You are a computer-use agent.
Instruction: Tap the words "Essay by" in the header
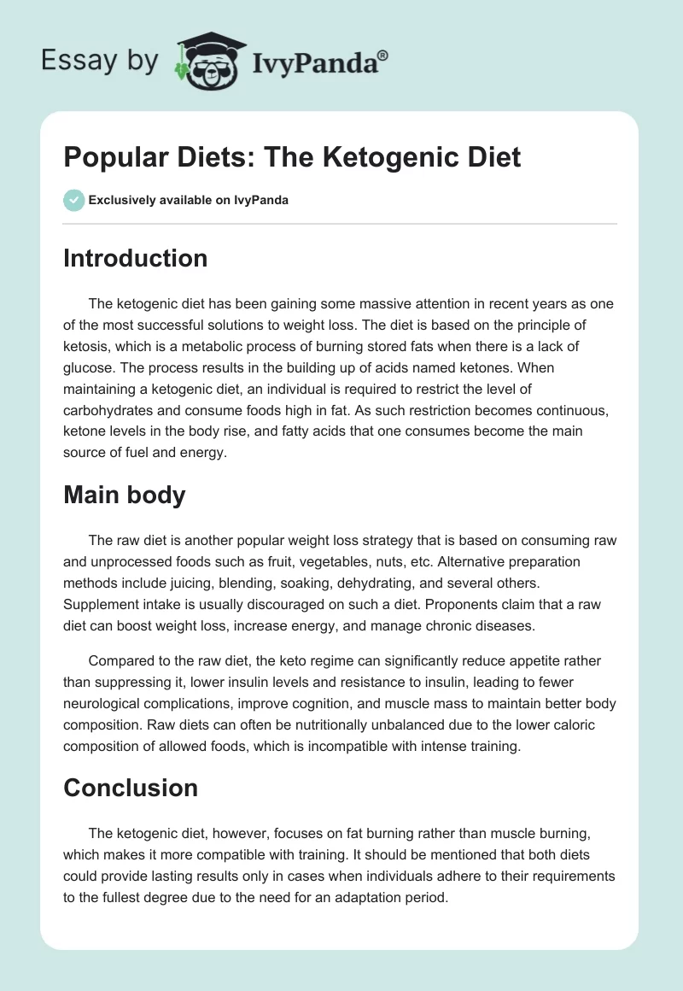101,62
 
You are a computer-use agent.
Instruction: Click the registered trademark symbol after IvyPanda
383,55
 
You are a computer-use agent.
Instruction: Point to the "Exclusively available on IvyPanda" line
188,200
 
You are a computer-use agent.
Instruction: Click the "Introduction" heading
135,258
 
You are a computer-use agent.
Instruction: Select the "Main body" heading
124,495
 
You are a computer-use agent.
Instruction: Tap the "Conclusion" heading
130,787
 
